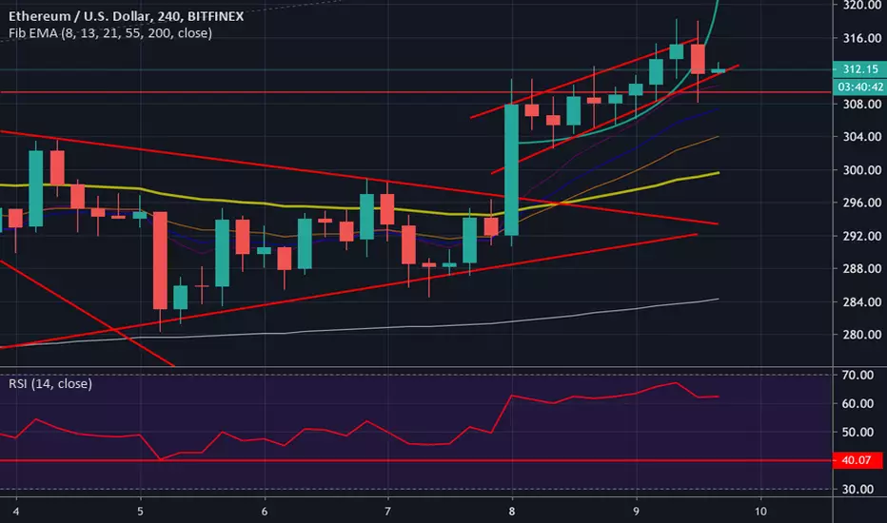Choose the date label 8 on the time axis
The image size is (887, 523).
tap(513, 509)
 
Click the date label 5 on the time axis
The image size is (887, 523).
tap(140, 509)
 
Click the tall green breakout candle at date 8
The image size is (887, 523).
tap(511, 169)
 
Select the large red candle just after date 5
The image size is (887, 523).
tap(160, 260)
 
